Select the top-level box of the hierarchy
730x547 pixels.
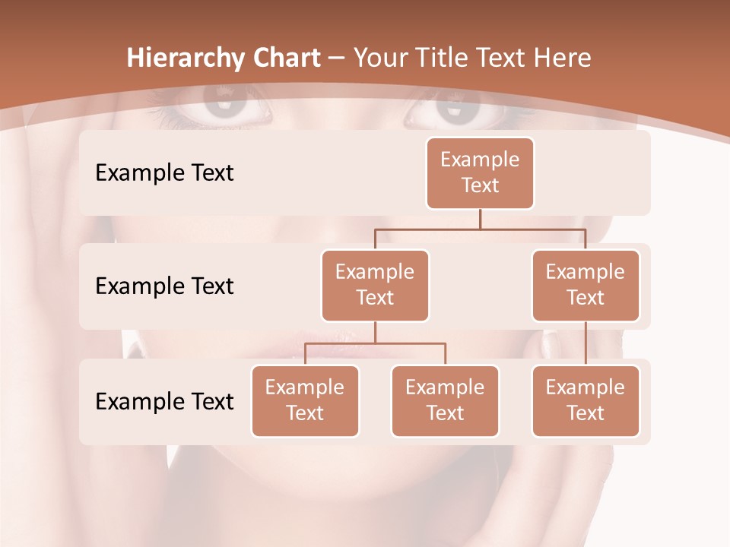[x=480, y=172]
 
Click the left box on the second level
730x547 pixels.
[x=375, y=285]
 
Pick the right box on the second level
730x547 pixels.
[x=586, y=285]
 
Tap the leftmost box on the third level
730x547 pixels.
[x=305, y=400]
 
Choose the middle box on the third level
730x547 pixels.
[x=445, y=400]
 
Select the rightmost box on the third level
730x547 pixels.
[x=586, y=400]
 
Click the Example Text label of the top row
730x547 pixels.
[x=164, y=172]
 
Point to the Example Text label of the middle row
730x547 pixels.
[x=164, y=286]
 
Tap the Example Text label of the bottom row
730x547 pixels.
[x=164, y=401]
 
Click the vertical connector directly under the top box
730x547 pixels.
[x=480, y=219]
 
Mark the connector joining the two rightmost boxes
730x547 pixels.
[x=586, y=343]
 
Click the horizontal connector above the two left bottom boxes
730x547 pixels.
[x=375, y=343]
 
